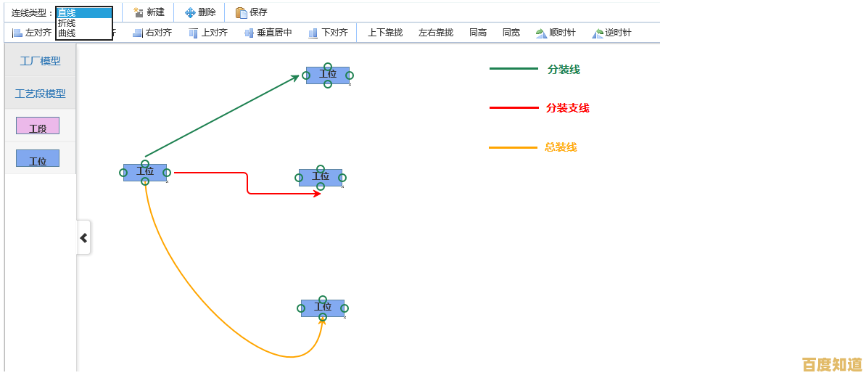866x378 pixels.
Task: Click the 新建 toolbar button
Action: click(149, 12)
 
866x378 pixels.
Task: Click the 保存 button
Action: click(252, 12)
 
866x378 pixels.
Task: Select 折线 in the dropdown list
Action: click(67, 23)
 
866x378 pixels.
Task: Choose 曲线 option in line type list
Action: click(67, 33)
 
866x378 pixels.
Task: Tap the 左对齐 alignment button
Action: click(32, 33)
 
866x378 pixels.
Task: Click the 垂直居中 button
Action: click(268, 33)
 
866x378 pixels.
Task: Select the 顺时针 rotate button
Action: click(556, 33)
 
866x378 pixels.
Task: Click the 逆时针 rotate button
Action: click(611, 33)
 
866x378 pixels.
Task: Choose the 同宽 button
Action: click(511, 33)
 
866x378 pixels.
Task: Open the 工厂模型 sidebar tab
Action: click(41, 61)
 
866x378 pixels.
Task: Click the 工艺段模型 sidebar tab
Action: click(41, 94)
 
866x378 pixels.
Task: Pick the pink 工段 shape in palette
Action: click(38, 126)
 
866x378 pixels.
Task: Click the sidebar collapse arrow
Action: click(83, 237)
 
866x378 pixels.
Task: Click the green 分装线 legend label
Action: click(564, 70)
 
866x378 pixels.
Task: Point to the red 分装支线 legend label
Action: click(567, 108)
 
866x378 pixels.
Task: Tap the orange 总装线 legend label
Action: click(561, 147)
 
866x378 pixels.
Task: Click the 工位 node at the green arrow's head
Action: click(328, 75)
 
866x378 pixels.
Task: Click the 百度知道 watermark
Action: click(832, 364)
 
